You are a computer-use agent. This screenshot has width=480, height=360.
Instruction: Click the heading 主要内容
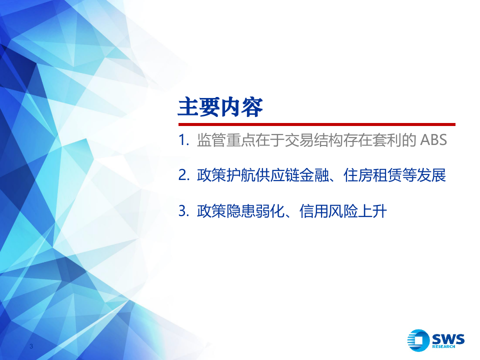(x=220, y=107)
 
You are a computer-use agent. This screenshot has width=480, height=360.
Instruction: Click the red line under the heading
(x=316, y=124)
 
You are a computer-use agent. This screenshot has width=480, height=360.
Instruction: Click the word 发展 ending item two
(x=431, y=176)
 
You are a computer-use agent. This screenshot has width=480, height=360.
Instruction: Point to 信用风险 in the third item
(x=327, y=211)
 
